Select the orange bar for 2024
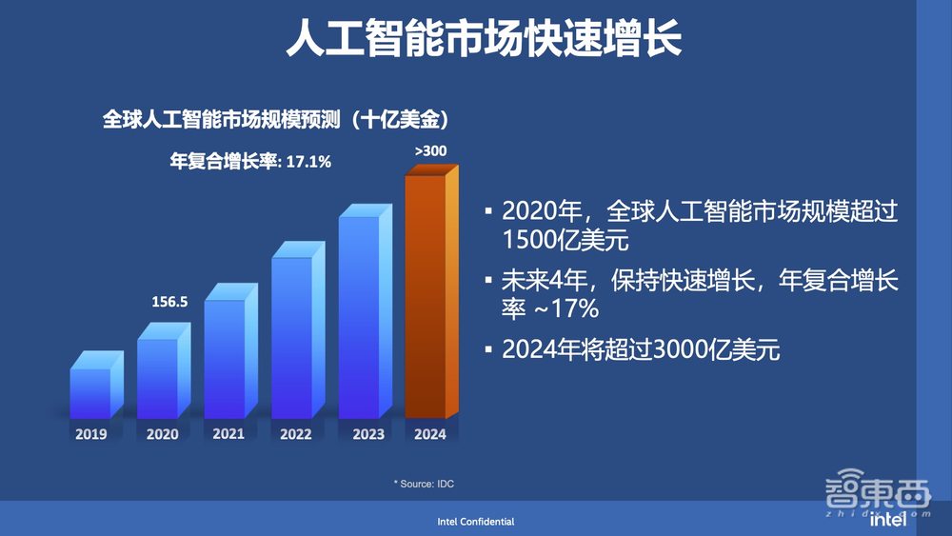click(x=426, y=295)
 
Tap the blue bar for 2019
click(x=90, y=392)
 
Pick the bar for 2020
click(x=157, y=378)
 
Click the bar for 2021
click(x=225, y=358)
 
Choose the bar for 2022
click(x=291, y=337)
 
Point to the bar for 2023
click(x=359, y=316)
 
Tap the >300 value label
click(x=430, y=150)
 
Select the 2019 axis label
click(x=90, y=434)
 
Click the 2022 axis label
click(x=295, y=434)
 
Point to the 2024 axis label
click(x=429, y=434)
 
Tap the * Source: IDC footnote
click(x=424, y=485)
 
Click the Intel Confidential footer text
click(x=476, y=522)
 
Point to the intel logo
click(x=887, y=521)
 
